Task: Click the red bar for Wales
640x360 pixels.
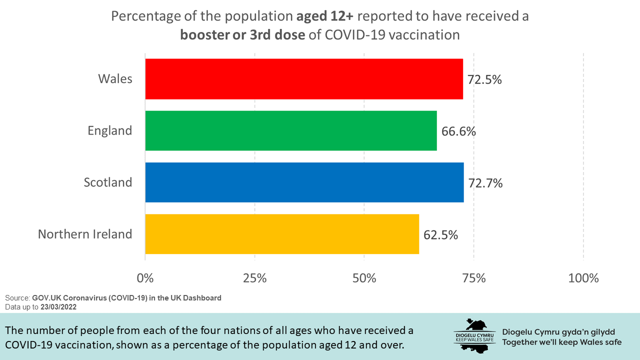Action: [304, 79]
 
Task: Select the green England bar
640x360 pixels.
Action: [291, 130]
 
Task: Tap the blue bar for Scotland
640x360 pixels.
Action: [304, 182]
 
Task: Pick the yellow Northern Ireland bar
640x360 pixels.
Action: [282, 234]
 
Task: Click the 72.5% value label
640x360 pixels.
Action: [484, 79]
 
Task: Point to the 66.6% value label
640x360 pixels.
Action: [458, 131]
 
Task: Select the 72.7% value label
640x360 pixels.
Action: [485, 183]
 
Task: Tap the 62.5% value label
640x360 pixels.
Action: [440, 234]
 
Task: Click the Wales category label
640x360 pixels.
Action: [115, 79]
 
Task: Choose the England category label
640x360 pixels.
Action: [110, 131]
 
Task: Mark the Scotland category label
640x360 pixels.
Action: [108, 182]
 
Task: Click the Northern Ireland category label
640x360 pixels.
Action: [85, 234]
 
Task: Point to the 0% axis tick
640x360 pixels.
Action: [145, 278]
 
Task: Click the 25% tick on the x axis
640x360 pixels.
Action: [255, 278]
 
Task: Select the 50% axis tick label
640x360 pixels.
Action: [364, 278]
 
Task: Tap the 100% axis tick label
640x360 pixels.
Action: [583, 278]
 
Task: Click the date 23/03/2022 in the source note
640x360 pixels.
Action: [58, 307]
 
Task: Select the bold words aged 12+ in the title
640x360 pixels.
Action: [324, 16]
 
